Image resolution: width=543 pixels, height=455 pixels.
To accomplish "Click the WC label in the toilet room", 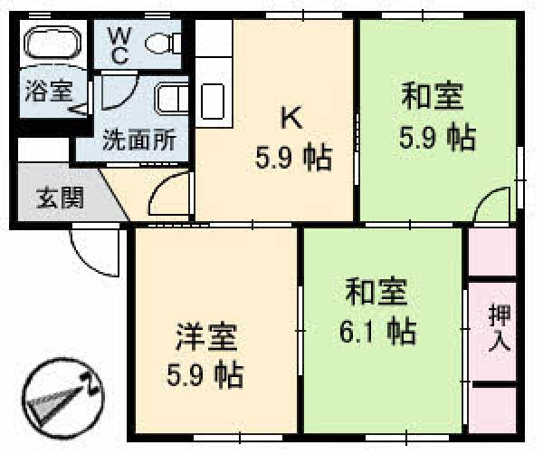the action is coord(119,46).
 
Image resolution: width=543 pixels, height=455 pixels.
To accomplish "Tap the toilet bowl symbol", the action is coord(163,44).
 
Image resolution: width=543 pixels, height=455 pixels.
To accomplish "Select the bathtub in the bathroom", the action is coord(52,43).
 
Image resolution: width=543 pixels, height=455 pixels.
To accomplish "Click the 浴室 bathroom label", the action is coord(49,92).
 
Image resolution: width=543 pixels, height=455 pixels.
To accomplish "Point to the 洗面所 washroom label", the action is coord(139,140).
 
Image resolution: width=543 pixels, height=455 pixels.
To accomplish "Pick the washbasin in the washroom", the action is coord(172,99).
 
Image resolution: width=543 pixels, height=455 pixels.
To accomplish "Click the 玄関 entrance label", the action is coord(60,198).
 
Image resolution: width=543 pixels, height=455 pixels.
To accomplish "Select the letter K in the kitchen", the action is coord(291,117).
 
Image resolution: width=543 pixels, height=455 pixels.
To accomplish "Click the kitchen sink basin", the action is coord(213,102).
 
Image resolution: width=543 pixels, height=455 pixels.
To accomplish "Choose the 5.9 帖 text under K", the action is coord(293,158).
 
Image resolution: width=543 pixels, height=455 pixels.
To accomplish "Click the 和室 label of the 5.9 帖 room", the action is coord(433,96).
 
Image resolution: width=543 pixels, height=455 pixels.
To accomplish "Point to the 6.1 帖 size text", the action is coord(377,331).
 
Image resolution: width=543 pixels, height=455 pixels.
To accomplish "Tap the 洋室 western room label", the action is coord(207,337).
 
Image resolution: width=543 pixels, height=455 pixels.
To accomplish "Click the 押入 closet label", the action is coord(499,328).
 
